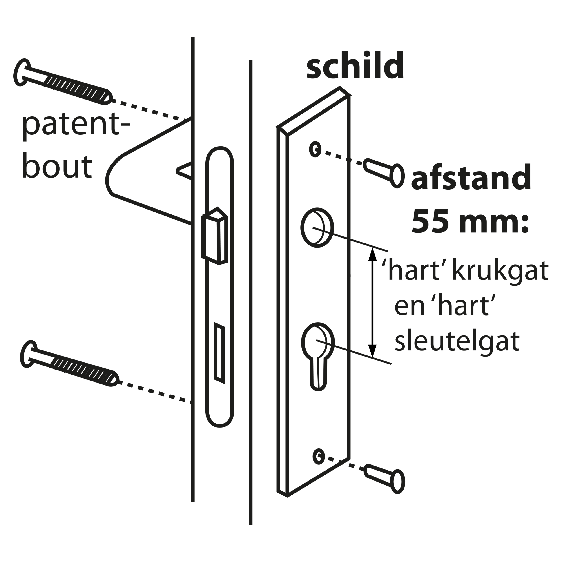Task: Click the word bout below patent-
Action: point(57,167)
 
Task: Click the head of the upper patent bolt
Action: point(22,72)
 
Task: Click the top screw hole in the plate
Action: point(315,149)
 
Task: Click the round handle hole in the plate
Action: point(317,227)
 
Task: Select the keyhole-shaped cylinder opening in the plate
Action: point(318,356)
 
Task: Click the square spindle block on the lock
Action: point(215,236)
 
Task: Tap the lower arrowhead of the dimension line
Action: point(372,351)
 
